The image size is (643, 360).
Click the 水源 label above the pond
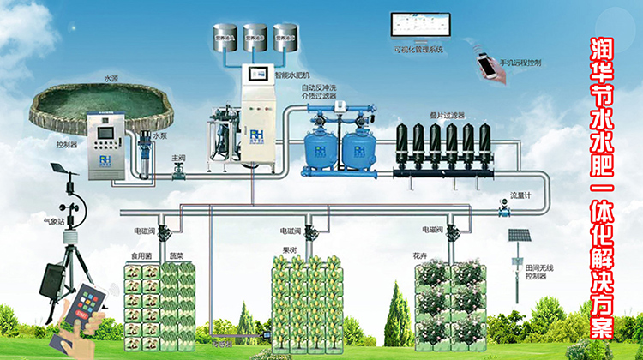click(111, 78)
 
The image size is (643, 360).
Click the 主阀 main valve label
click(178, 158)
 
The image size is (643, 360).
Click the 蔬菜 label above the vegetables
click(176, 255)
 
